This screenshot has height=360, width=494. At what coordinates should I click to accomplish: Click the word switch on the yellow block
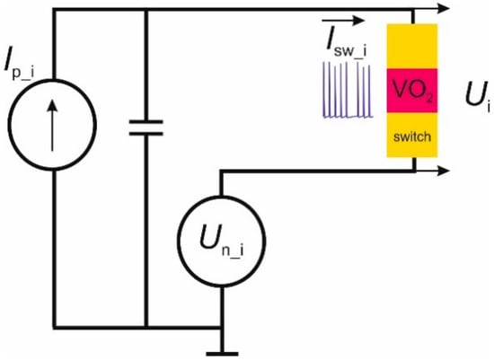412,136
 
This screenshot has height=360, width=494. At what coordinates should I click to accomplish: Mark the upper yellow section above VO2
412,46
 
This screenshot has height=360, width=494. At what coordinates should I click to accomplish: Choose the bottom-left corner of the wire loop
55,325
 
